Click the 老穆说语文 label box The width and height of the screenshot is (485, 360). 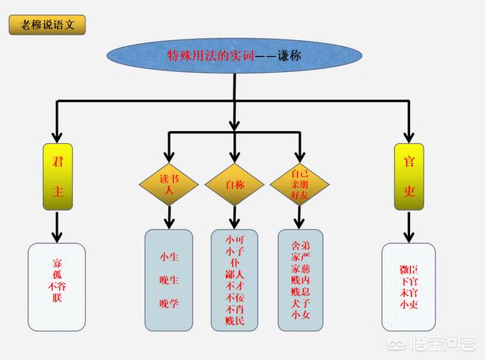coord(47,23)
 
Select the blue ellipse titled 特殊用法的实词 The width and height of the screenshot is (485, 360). coord(233,55)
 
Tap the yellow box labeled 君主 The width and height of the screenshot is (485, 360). coord(58,176)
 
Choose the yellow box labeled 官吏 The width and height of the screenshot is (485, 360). coord(409,176)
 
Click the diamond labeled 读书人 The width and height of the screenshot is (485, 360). coord(167,185)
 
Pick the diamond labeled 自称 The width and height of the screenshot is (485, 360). coord(235,184)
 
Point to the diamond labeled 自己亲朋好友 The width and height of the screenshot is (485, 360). coord(300,185)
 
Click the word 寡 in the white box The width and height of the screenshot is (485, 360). coord(58,264)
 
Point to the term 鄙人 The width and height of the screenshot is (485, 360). coord(235,274)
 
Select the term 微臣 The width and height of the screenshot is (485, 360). coord(409,270)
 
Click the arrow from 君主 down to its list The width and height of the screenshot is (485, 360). coord(58,227)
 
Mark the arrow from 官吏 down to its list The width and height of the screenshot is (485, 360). coord(409,227)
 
